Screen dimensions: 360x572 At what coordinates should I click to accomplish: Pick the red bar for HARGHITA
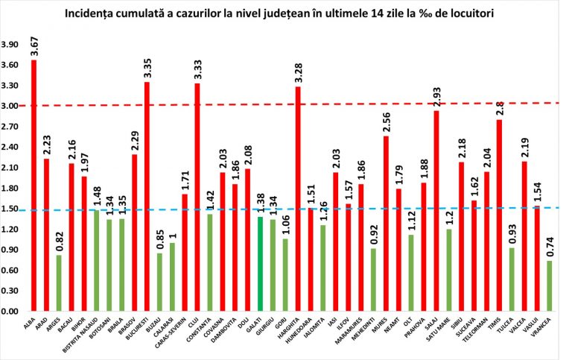point(298,198)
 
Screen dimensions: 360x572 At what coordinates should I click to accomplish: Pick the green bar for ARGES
point(59,283)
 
